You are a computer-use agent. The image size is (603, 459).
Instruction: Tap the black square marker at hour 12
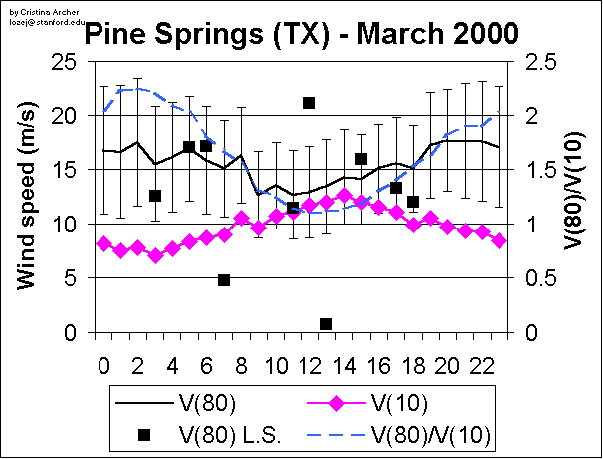[309, 103]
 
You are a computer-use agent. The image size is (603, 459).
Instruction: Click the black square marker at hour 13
[326, 324]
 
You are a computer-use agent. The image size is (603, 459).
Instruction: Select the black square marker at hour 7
[224, 280]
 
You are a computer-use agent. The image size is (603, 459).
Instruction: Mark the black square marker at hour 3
[155, 196]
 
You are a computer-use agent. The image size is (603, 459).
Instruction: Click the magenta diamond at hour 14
[344, 196]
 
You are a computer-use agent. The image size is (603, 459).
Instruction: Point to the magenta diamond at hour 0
[103, 243]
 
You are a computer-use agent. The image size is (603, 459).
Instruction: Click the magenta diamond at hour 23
[499, 241]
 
